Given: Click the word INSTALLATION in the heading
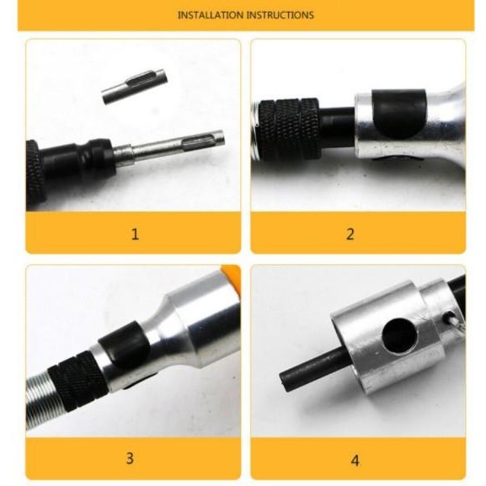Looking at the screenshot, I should pos(210,15).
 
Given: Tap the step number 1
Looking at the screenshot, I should pos(135,234).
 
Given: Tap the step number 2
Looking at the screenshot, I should pos(350,234).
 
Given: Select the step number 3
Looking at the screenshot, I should pos(130,458).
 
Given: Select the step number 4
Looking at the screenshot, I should pos(355,460).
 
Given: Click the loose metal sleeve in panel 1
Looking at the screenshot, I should pos(135,86).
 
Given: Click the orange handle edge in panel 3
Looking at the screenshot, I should pos(232,275).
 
